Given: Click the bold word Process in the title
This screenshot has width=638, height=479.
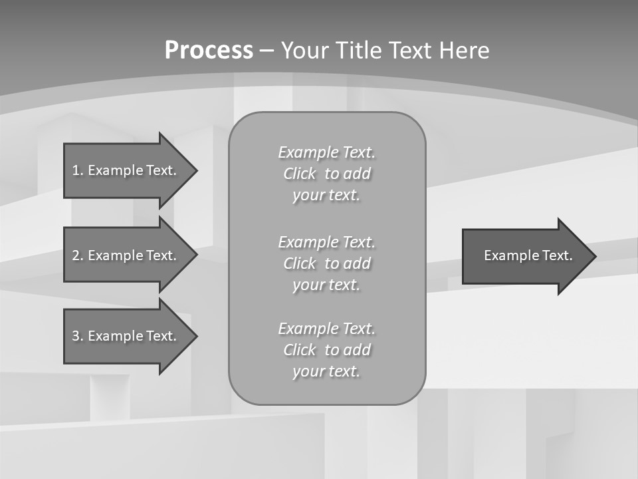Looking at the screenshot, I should click(209, 51).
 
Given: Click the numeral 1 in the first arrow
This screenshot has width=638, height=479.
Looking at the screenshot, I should click(76, 170).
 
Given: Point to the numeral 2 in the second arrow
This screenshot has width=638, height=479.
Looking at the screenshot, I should click(76, 255).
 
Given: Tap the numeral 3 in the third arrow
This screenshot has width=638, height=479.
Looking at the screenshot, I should click(76, 336).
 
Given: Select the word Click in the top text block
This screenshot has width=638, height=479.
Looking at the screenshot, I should click(300, 174).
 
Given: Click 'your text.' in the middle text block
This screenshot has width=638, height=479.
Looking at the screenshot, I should click(326, 285).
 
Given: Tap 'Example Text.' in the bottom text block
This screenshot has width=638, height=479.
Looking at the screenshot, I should click(326, 329).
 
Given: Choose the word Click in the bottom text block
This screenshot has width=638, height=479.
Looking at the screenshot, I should click(300, 350).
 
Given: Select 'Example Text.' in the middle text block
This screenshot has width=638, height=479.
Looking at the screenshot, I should click(326, 242).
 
